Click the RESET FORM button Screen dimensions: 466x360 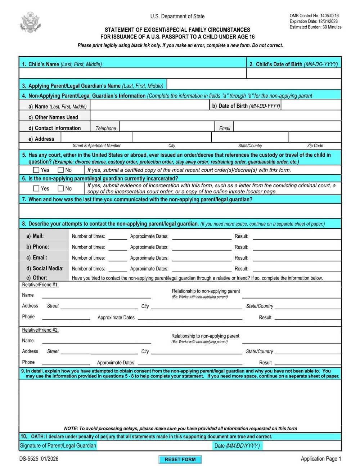point(180,459)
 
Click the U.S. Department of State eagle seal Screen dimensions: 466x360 point(30,22)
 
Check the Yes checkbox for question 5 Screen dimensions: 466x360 point(36,170)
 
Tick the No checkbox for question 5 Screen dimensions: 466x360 point(61,170)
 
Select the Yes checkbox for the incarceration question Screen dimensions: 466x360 point(36,188)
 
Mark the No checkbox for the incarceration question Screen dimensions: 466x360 point(61,188)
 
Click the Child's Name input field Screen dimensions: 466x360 point(132,73)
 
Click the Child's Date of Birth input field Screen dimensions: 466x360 point(293,73)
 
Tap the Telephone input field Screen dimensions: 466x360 point(167,127)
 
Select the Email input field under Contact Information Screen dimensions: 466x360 point(287,127)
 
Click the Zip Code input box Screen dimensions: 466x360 point(315,137)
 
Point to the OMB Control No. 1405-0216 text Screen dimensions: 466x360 point(314,16)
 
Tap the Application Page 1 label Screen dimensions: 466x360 point(320,458)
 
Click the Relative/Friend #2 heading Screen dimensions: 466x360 point(40,330)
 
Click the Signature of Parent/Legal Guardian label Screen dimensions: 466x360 point(58,445)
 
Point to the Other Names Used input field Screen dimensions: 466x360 point(215,116)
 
